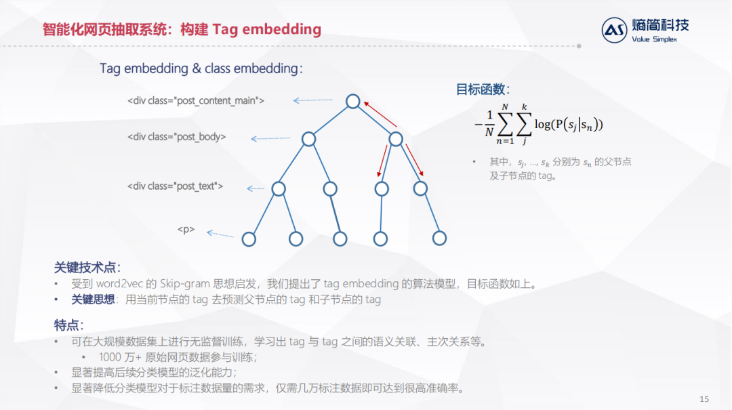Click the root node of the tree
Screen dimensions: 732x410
click(x=352, y=101)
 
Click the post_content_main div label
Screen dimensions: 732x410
click(x=196, y=101)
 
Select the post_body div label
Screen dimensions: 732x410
click(x=177, y=137)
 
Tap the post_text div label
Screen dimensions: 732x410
click(x=175, y=186)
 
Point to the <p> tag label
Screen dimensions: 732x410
click(x=186, y=230)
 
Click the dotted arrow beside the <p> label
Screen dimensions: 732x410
click(x=220, y=234)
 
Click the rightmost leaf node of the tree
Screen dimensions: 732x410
click(x=439, y=238)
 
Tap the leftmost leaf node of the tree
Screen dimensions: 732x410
click(x=249, y=239)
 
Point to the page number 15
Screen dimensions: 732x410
click(x=703, y=398)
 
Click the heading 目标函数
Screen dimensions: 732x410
click(x=483, y=90)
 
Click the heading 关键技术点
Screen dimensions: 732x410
click(x=87, y=267)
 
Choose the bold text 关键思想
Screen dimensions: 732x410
click(x=93, y=300)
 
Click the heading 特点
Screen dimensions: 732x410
click(x=68, y=325)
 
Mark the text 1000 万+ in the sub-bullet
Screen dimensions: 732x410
click(x=120, y=357)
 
